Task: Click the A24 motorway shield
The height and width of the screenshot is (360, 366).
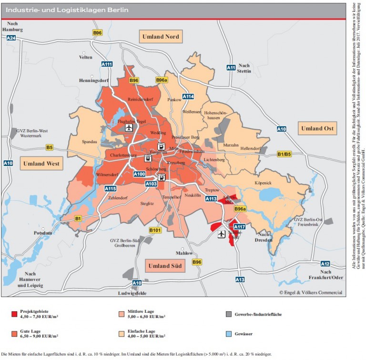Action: pos(11,38)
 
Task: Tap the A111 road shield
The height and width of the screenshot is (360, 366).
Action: pos(107,64)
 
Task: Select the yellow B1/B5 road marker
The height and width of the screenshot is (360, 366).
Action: pos(284,154)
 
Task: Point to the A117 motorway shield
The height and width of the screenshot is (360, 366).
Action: pos(240,226)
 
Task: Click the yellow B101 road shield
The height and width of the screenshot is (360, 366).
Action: pos(155,231)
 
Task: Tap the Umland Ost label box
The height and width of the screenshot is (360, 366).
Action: pos(317,128)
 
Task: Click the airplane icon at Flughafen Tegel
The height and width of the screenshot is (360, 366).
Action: pos(129,128)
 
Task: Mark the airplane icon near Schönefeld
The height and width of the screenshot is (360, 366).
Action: pos(221,234)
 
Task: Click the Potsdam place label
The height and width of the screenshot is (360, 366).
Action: pos(43,233)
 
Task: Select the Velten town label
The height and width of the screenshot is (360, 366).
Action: pos(86,57)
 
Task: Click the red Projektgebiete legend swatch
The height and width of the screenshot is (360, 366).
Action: pos(14,314)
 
